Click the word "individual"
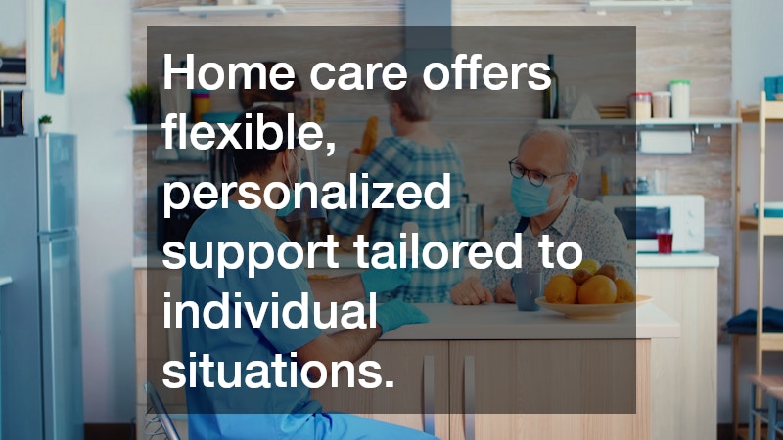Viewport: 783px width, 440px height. [270, 313]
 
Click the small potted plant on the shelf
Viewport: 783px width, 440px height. [140, 103]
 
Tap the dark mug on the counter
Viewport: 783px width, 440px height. [526, 288]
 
